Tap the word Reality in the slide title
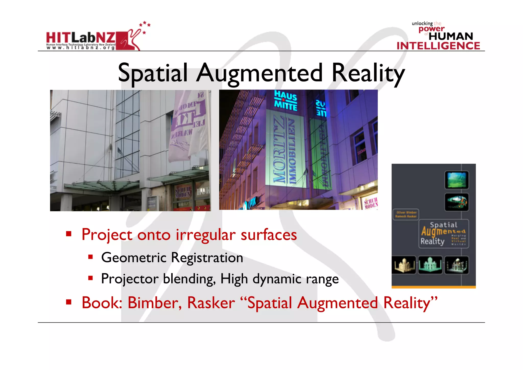pyautogui.click(x=368, y=74)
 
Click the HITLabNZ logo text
pyautogui.click(x=81, y=38)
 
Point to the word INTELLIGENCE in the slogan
pyautogui.click(x=438, y=46)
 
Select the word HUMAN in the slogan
pyautogui.click(x=451, y=36)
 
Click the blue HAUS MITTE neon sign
pyautogui.click(x=286, y=101)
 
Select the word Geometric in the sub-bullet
pyautogui.click(x=134, y=257)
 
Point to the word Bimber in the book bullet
pyautogui.click(x=154, y=303)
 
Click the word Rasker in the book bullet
pyautogui.click(x=211, y=303)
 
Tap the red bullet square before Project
pyautogui.click(x=68, y=233)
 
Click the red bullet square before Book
pyautogui.click(x=68, y=302)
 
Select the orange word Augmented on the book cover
pyautogui.click(x=443, y=231)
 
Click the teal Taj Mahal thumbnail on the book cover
pyautogui.click(x=430, y=265)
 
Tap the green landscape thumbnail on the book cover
pyautogui.click(x=456, y=180)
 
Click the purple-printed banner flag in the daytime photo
pyautogui.click(x=187, y=125)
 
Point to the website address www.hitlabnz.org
pyautogui.click(x=81, y=48)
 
